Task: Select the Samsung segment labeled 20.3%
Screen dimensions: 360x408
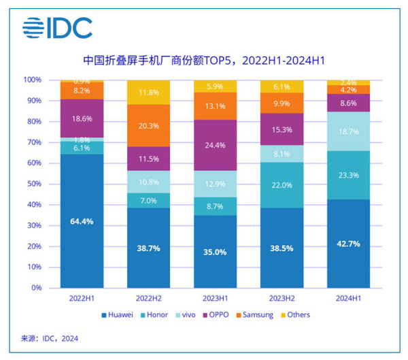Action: coord(150,125)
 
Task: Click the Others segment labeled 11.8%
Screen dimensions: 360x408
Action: coord(150,92)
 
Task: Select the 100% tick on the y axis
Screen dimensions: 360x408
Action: coord(33,80)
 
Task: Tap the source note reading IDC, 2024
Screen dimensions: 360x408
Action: coord(41,339)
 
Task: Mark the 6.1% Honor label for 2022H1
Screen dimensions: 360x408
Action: coord(81,148)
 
